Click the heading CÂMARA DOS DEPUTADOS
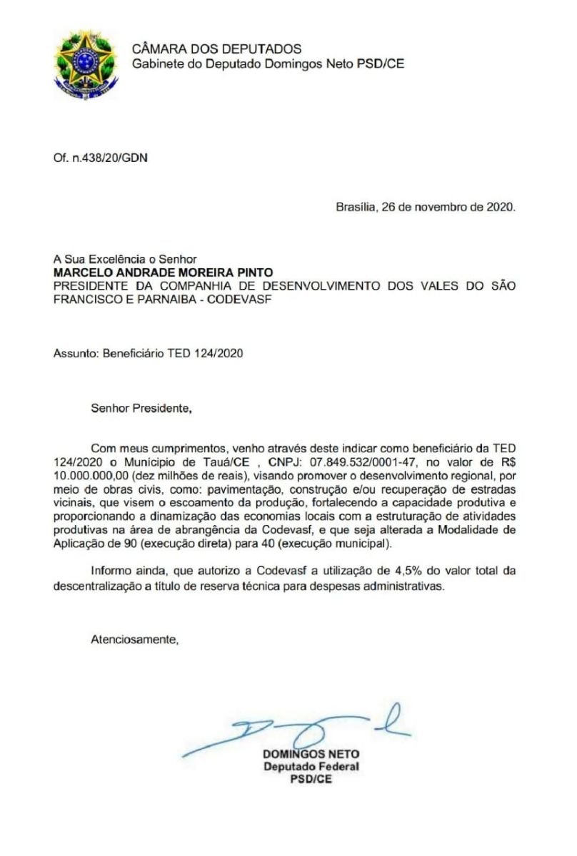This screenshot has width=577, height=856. (x=217, y=49)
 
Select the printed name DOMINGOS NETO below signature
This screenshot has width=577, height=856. (x=311, y=754)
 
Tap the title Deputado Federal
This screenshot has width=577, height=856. (x=311, y=767)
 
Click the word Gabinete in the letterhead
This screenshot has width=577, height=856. (x=156, y=63)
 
